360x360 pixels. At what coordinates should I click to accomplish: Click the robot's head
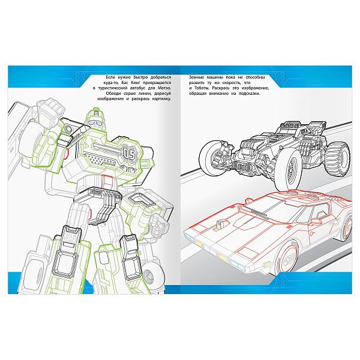[94, 119]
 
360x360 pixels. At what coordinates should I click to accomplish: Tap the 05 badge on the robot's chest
[129, 154]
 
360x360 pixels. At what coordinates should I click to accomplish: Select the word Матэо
[164, 88]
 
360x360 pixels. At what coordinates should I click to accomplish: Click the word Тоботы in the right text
[202, 88]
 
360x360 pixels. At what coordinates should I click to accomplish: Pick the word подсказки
[250, 94]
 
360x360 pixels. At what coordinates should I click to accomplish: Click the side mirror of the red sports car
[319, 214]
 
